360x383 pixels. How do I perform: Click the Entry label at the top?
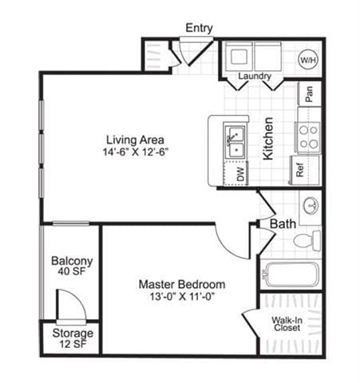[x=199, y=28]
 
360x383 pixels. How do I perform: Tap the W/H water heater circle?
[x=307, y=60]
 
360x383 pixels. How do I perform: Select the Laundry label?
[x=255, y=77]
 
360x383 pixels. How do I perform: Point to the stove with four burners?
[x=308, y=136]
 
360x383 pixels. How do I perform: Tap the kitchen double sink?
[x=235, y=141]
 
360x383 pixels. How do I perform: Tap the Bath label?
[x=283, y=225]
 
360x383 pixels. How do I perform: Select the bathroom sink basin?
[x=310, y=204]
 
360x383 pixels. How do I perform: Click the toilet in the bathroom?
[x=307, y=239]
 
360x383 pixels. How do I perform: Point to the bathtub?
[x=291, y=274]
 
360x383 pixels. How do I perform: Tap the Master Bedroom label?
[x=181, y=284]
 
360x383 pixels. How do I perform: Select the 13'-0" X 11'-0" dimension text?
[x=181, y=297]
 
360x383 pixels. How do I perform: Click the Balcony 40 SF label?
[x=72, y=267]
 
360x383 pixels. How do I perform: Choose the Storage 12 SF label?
[x=73, y=338]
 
